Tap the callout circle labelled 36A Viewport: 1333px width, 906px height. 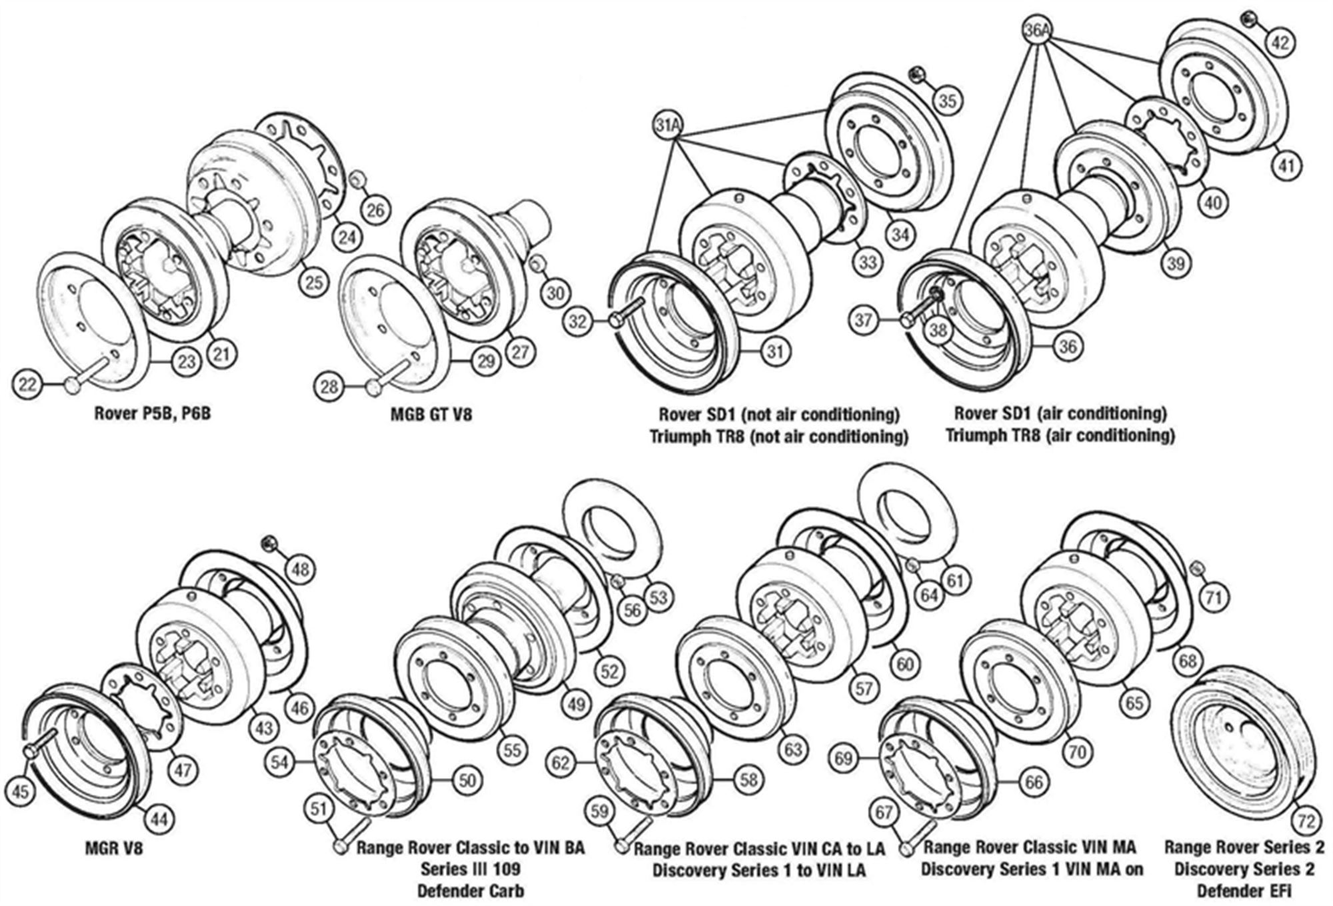1038,30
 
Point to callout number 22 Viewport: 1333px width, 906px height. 27,384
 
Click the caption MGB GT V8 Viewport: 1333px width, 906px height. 431,414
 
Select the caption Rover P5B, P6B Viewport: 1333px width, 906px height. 152,413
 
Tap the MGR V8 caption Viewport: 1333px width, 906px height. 114,849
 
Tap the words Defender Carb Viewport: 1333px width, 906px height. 470,891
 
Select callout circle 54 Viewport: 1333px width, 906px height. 279,761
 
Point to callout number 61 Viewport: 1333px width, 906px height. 956,581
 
